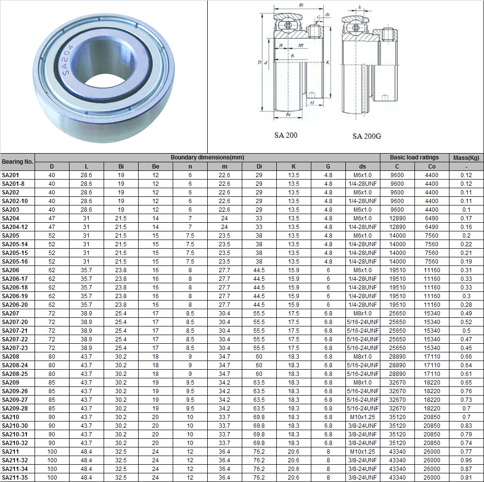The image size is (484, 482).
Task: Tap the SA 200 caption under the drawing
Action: pos(286,135)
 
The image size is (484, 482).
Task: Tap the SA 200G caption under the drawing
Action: pos(366,136)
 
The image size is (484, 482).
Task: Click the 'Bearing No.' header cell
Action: pos(18,162)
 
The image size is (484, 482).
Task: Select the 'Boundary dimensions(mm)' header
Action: pos(207,157)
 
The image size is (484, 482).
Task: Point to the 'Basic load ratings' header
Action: pos(414,157)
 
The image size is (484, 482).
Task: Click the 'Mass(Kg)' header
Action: pos(466,157)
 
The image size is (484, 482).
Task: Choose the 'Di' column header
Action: pos(259,167)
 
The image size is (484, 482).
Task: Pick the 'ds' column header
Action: pos(362,167)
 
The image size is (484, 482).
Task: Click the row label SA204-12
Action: pos(15,227)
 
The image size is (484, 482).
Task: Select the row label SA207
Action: pos(10,313)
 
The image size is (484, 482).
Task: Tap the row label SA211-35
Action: pos(15,478)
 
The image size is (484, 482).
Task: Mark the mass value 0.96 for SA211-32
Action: pos(466,460)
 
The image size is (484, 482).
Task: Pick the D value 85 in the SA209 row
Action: pos(52,383)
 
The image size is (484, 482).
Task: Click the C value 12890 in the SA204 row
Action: pos(397,218)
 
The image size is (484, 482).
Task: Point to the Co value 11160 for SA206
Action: pos(432,270)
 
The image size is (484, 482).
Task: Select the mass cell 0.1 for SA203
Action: pos(466,210)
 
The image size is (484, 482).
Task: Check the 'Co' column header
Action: pos(432,167)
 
